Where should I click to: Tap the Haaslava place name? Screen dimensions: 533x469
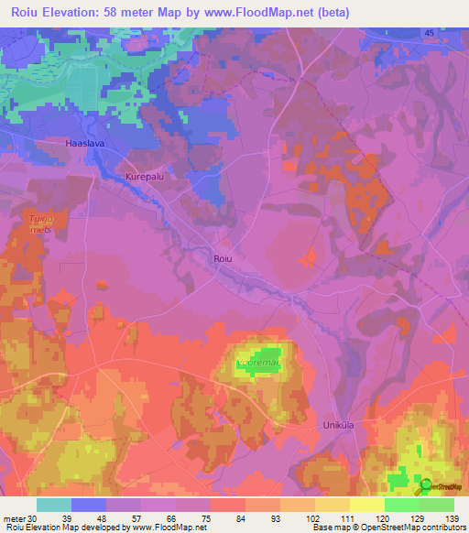click(87, 144)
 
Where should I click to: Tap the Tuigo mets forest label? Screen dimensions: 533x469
click(38, 225)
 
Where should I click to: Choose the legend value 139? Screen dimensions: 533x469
click(452, 518)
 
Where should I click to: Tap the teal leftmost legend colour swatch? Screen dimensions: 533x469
click(54, 505)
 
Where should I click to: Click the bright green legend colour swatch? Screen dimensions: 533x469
click(402, 505)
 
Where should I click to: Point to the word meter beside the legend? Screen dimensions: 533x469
click(12, 518)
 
